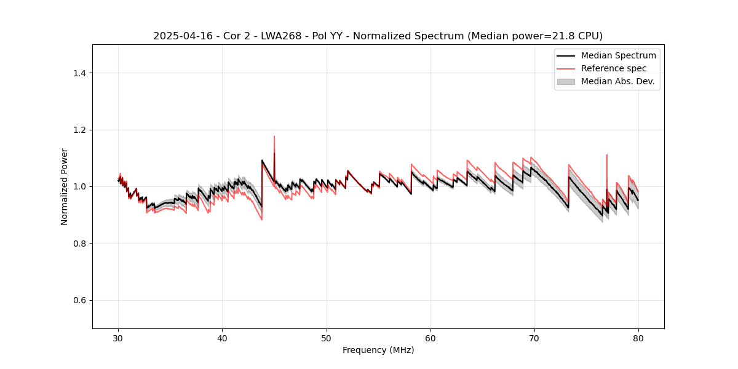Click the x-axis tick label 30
point(118,338)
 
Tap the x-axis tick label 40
point(222,338)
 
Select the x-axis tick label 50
point(327,338)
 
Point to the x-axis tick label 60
point(430,338)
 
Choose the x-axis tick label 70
point(534,338)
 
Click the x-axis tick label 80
point(638,338)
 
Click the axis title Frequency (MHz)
point(378,350)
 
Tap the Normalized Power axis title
point(65,186)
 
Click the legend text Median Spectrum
point(618,55)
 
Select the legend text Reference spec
point(614,68)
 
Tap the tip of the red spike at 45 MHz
point(274,137)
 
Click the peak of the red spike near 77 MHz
point(606,155)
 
